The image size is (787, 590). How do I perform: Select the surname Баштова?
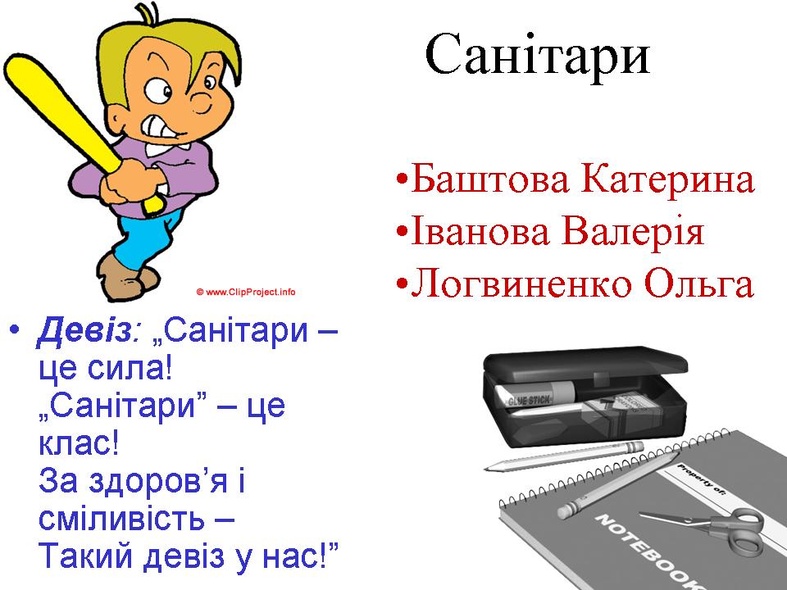tap(490, 179)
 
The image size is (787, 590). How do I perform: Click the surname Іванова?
tap(480, 231)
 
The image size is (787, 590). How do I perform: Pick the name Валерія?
tap(633, 232)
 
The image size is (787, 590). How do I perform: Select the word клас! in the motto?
tap(79, 442)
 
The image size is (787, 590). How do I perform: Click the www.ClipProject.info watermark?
tap(245, 292)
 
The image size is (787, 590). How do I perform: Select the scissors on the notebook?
tap(708, 526)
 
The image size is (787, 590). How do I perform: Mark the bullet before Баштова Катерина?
tap(401, 179)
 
